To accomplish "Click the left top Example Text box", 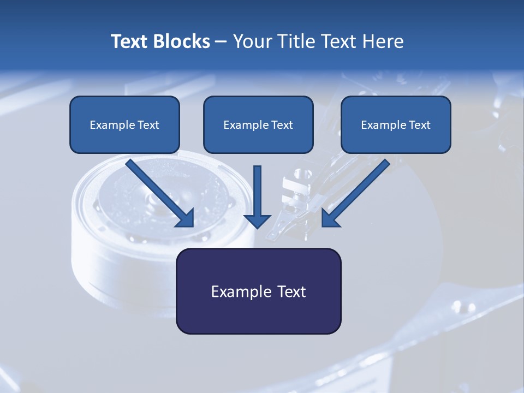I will coord(124,124).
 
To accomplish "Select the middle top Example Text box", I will coord(258,124).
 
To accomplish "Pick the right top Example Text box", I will coord(396,124).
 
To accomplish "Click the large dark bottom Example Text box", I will coord(258,291).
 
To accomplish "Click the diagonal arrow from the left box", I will coord(158,191).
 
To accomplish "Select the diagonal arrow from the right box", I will coord(358,191).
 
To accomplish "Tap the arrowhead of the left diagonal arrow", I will coord(186,218).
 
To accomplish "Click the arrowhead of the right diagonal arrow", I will coord(330,218).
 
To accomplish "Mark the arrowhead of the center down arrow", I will coord(257,221).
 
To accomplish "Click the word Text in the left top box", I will coord(148,124).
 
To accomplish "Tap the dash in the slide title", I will coord(221,41).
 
